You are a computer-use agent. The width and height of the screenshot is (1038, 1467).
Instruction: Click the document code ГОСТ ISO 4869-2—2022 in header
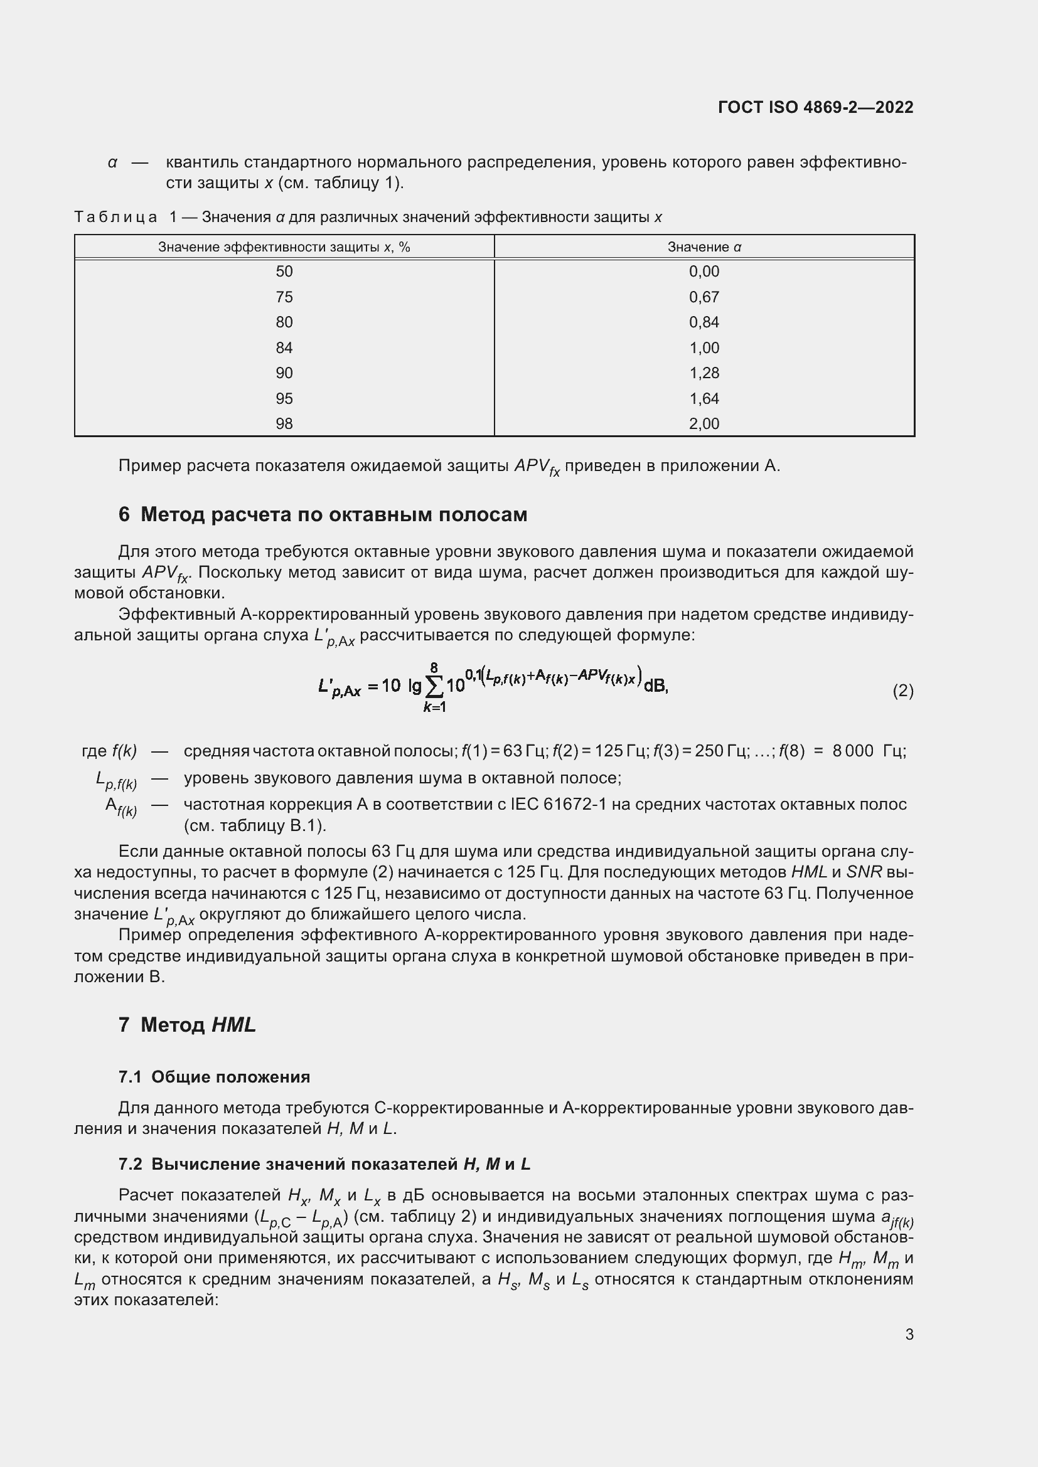[816, 107]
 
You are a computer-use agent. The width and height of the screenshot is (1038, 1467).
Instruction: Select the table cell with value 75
[284, 297]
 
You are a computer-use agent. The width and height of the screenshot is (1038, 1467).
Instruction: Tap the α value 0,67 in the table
[704, 297]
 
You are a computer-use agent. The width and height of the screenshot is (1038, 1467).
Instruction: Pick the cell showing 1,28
[704, 373]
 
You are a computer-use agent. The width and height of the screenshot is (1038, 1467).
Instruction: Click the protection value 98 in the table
[284, 423]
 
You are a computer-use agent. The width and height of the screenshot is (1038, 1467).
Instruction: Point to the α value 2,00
[704, 423]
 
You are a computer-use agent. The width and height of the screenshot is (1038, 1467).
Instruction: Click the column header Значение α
[704, 247]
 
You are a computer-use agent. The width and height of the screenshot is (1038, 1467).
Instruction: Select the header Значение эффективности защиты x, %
[284, 247]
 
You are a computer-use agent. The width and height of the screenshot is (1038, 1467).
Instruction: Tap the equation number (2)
[902, 691]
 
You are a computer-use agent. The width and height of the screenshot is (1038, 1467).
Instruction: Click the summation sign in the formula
[435, 687]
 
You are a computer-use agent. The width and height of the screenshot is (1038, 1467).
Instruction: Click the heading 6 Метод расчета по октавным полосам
[323, 515]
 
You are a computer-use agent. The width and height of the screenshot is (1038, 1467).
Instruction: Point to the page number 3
[909, 1335]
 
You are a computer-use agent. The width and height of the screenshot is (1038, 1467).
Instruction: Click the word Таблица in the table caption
[115, 217]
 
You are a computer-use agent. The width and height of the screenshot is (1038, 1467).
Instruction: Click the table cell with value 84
[284, 348]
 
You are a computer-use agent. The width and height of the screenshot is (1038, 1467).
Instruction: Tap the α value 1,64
[704, 399]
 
